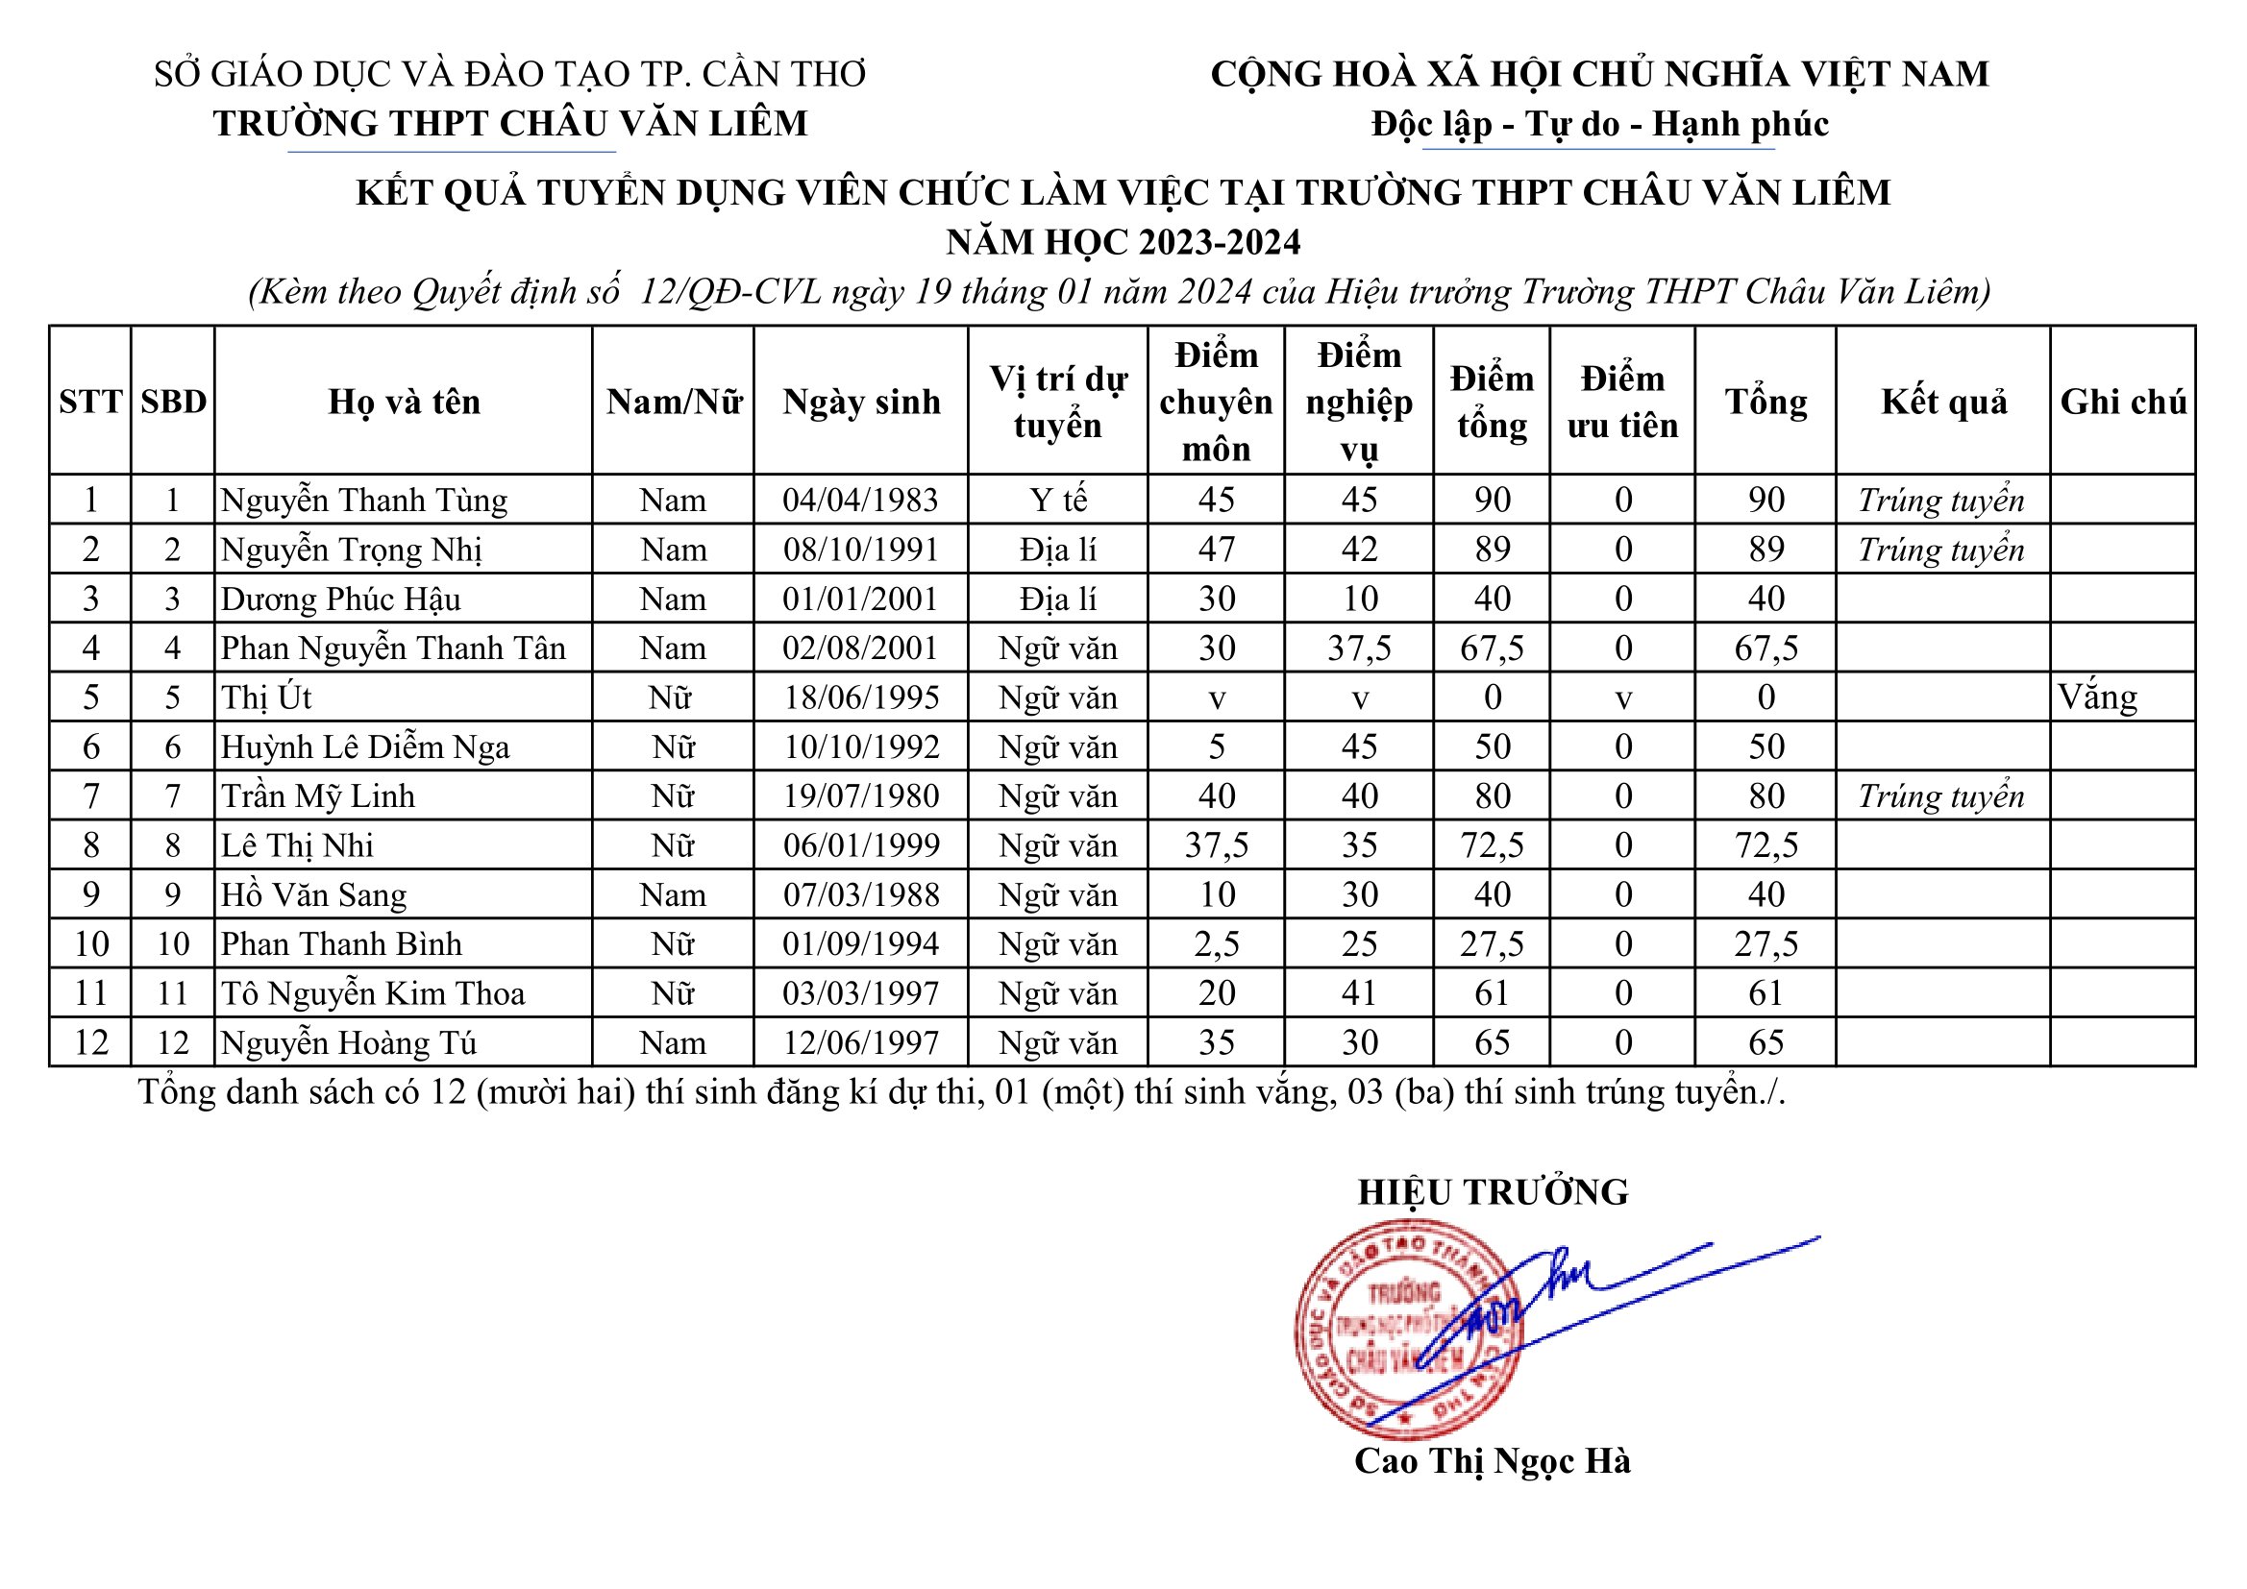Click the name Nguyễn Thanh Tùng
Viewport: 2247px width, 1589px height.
[x=364, y=500]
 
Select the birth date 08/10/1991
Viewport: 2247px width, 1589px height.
[x=861, y=550]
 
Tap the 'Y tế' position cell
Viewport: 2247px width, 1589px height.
[x=1058, y=500]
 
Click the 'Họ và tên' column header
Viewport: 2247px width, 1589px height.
[x=404, y=403]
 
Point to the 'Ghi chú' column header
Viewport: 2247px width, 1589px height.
[x=2123, y=403]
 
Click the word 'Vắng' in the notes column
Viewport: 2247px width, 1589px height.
[x=2097, y=697]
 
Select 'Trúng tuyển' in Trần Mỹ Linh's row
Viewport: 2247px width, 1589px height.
[x=1941, y=796]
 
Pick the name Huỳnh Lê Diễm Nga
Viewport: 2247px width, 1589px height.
[x=365, y=747]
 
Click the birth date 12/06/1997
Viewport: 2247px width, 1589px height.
[x=861, y=1043]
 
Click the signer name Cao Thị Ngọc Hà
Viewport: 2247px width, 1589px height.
[x=1493, y=1461]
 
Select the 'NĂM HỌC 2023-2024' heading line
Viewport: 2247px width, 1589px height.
[x=1123, y=242]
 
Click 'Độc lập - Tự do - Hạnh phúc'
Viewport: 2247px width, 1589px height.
[x=1599, y=124]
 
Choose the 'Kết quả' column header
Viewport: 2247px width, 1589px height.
[x=1943, y=403]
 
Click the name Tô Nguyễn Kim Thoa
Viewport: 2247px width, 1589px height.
[x=373, y=994]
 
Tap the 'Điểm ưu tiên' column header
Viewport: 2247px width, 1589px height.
[x=1622, y=403]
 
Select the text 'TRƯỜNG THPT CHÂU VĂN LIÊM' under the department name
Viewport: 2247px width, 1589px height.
[x=510, y=123]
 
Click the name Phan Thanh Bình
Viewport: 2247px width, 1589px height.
[x=340, y=944]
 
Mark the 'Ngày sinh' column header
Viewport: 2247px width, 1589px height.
[x=861, y=403]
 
